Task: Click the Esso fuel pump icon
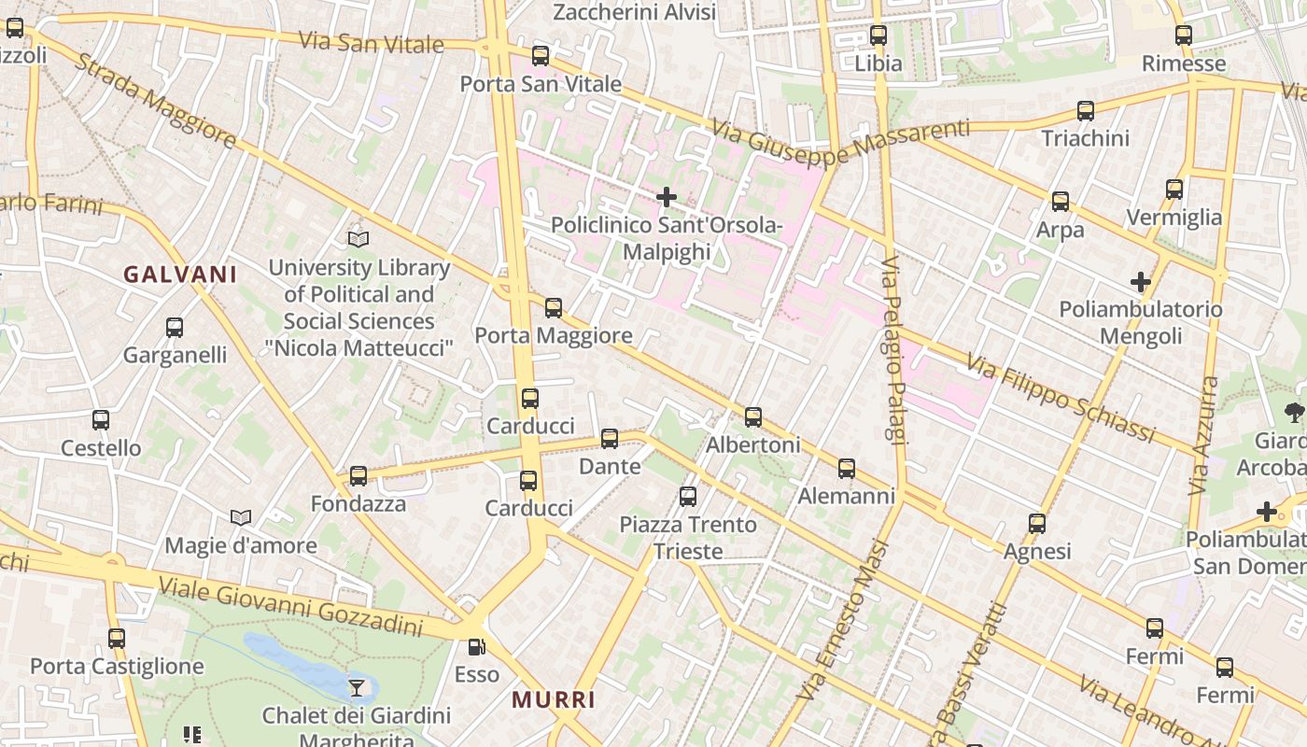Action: pos(476,646)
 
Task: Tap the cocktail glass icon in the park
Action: pos(357,688)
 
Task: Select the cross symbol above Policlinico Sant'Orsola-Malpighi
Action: pos(667,197)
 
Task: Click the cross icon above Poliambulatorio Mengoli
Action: pos(1140,281)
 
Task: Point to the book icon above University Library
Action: pos(358,240)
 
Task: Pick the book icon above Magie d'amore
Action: pos(241,517)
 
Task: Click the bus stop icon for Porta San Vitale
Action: pos(541,56)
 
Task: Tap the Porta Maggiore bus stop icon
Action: pos(554,307)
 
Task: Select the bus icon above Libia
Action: pos(878,35)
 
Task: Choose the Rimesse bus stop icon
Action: pos(1184,35)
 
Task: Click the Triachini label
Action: pos(1085,138)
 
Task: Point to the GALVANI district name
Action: pos(180,275)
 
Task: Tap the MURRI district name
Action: pos(554,699)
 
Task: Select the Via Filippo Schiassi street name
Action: pos(1061,398)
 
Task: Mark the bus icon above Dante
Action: pos(610,438)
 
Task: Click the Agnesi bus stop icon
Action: pos(1037,524)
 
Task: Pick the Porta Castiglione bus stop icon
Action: pos(117,639)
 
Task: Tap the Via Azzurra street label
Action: pos(1203,436)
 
